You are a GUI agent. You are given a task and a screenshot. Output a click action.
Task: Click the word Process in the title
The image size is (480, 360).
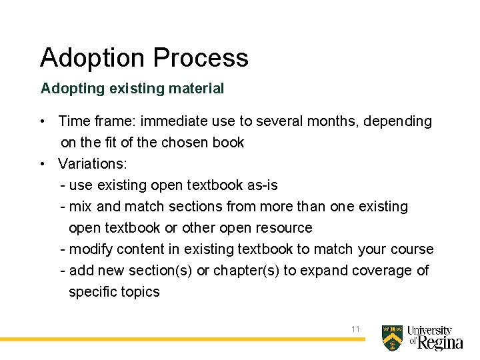201,58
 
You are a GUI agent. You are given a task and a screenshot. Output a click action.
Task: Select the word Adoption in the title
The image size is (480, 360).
93,58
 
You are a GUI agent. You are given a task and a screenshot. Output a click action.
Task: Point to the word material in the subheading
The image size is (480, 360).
198,88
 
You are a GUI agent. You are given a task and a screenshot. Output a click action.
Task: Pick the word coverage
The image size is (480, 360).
380,270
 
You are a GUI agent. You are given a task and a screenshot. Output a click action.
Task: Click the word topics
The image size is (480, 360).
139,291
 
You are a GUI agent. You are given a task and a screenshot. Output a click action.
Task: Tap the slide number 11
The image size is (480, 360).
355,329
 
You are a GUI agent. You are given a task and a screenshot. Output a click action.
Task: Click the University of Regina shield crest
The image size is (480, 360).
392,338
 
